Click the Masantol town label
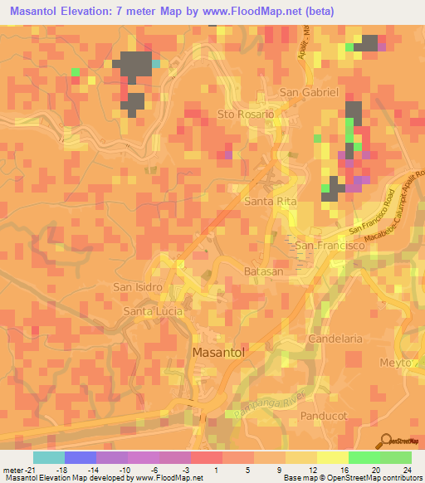(x=219, y=352)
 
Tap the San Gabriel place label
(x=309, y=92)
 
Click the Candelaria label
(x=335, y=339)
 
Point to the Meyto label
(x=396, y=363)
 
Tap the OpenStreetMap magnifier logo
(x=386, y=440)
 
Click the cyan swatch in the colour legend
(x=49, y=457)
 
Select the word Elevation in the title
(x=93, y=11)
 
